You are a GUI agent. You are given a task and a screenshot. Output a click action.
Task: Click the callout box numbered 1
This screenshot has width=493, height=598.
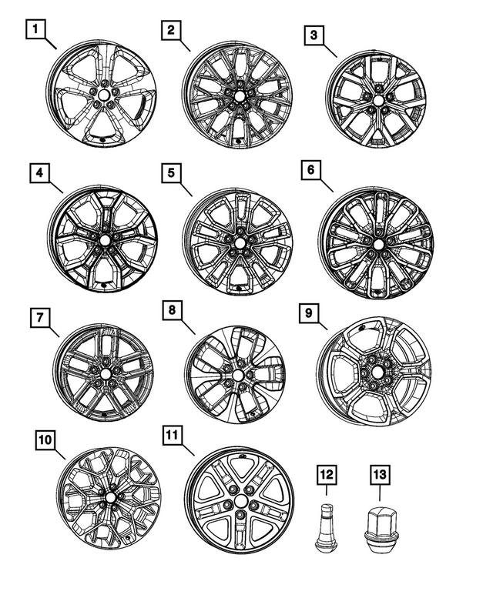(35, 32)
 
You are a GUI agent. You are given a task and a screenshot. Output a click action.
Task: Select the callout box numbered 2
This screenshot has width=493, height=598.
(170, 30)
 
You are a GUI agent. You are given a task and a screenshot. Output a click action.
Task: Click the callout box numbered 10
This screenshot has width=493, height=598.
(45, 439)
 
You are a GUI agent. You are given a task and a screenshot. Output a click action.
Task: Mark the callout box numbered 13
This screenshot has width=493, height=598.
(380, 476)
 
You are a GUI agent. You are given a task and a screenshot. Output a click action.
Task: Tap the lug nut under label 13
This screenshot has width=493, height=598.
(379, 530)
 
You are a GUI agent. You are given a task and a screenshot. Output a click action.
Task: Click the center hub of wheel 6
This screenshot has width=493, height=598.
(380, 244)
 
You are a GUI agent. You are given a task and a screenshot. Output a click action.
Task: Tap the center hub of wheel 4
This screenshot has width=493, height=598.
(104, 241)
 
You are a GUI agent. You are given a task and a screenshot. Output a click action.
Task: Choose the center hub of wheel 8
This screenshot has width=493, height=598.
(235, 378)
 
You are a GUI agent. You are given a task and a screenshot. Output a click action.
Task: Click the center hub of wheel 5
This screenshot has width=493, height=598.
(236, 238)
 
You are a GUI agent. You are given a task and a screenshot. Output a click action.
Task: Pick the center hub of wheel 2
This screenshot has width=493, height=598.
(237, 98)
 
